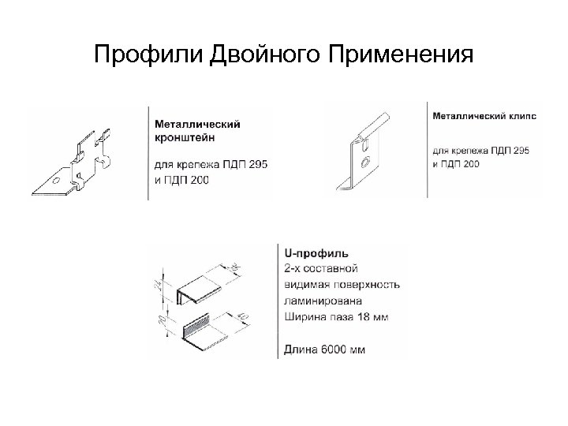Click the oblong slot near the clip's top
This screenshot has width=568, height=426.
point(366,143)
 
